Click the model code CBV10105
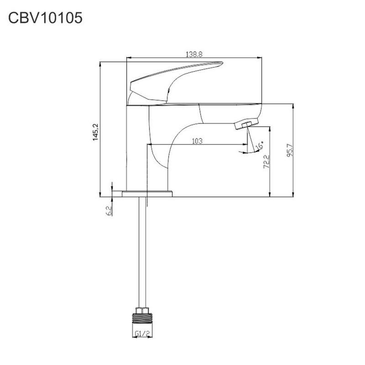click(x=45, y=18)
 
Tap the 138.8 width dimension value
click(x=194, y=54)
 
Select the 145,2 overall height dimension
click(x=96, y=132)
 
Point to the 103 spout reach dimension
click(x=197, y=141)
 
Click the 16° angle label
click(x=260, y=146)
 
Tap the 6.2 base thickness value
click(x=109, y=211)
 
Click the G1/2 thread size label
click(x=142, y=334)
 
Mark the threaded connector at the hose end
click(x=142, y=318)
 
